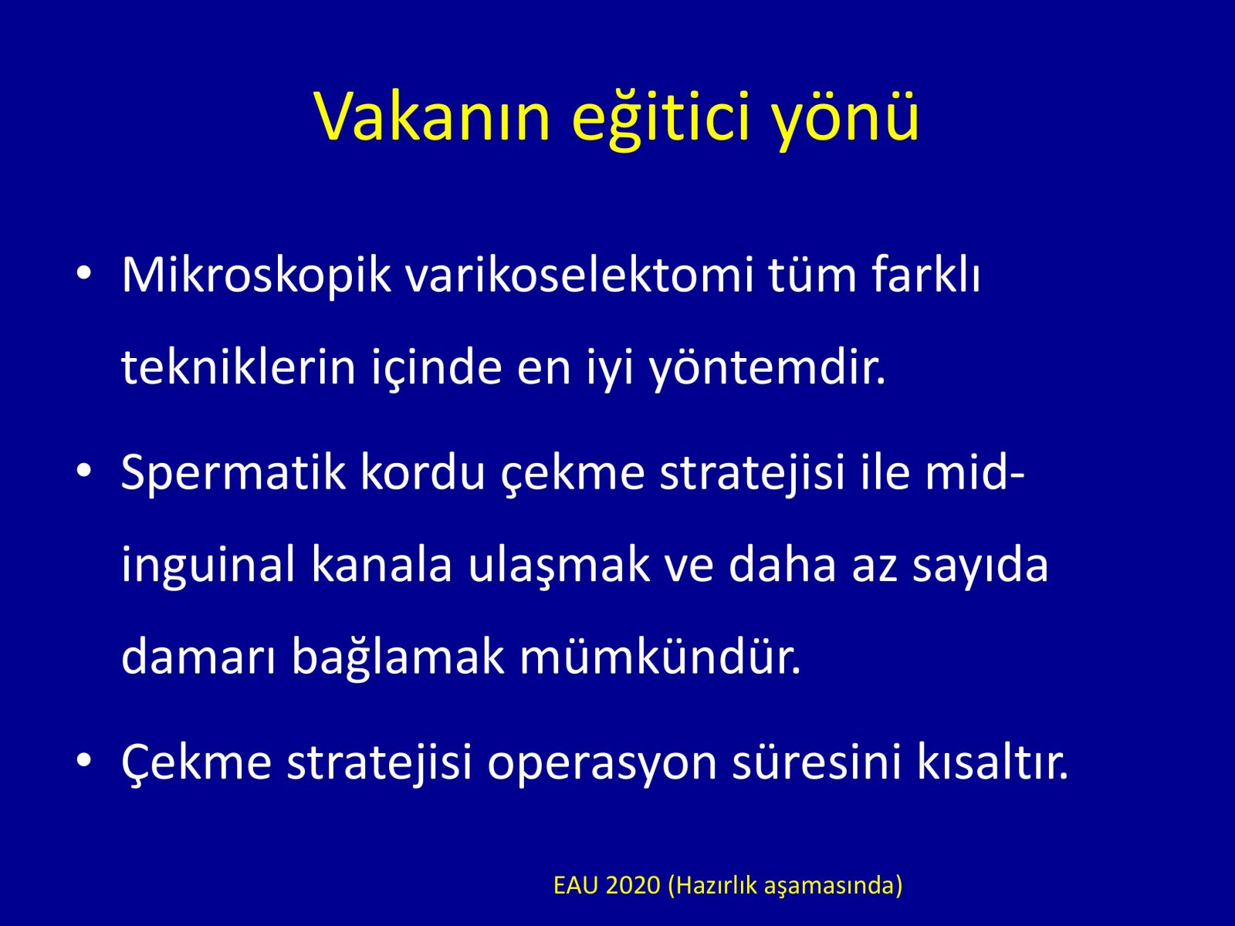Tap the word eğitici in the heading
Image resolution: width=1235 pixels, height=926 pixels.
(661, 118)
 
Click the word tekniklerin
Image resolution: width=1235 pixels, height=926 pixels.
(239, 368)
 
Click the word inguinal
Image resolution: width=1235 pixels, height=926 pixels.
(208, 566)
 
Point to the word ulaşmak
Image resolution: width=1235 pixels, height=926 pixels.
(559, 566)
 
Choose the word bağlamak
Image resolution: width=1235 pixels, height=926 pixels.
(398, 657)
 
